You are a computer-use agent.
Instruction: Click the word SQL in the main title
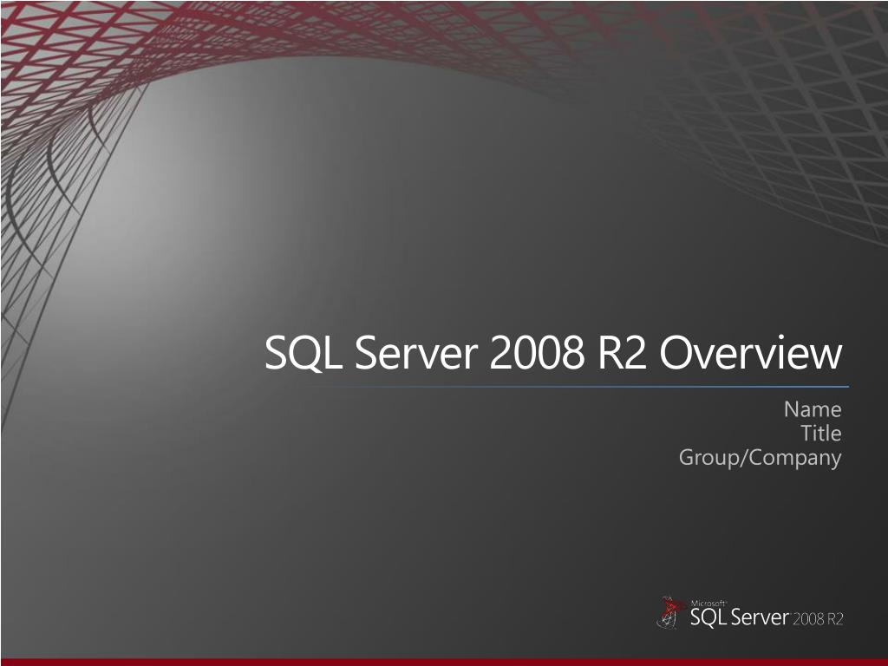click(x=304, y=353)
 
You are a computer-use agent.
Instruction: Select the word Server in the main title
click(x=416, y=352)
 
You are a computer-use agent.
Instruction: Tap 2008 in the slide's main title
click(x=537, y=352)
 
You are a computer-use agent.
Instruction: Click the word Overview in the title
click(x=751, y=352)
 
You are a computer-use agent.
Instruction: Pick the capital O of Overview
click(x=676, y=352)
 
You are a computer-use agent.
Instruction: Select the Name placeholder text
click(x=813, y=409)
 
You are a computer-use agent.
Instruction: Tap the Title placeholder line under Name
click(x=821, y=434)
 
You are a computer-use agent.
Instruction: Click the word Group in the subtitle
click(x=708, y=458)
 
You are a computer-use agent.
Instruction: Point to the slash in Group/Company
click(x=743, y=458)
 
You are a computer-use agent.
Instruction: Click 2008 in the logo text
click(x=809, y=619)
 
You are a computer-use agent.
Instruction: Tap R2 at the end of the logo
click(x=836, y=619)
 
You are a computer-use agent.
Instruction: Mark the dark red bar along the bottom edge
click(x=444, y=662)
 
